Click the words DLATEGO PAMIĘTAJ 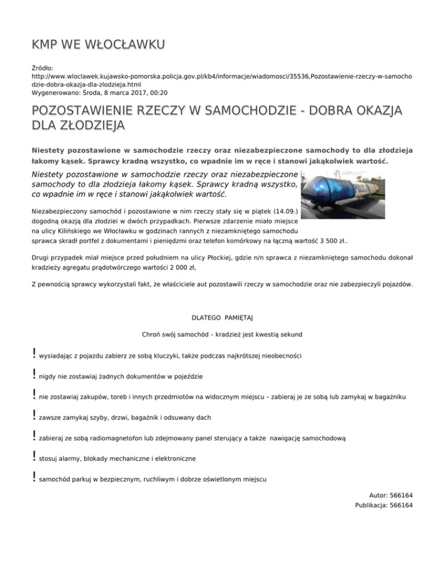pos(222,318)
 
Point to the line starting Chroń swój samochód pos(222,334)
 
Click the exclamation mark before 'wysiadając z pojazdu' pos(35,353)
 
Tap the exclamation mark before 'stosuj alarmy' pos(35,457)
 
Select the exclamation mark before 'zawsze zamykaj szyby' pos(35,415)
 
